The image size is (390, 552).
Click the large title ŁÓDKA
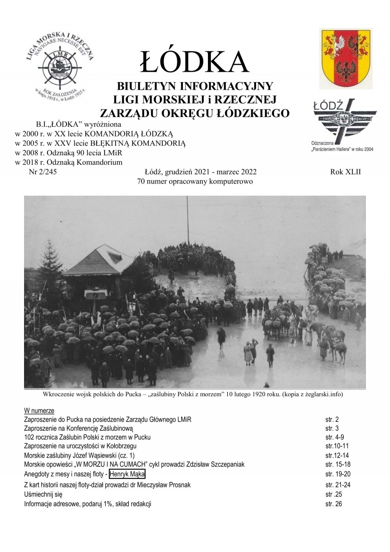coord(194,61)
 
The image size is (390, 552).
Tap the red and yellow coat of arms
coord(345,58)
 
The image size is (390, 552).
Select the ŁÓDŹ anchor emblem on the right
coord(345,118)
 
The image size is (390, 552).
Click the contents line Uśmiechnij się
coord(43,494)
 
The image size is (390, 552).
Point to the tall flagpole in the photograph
coord(187,222)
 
